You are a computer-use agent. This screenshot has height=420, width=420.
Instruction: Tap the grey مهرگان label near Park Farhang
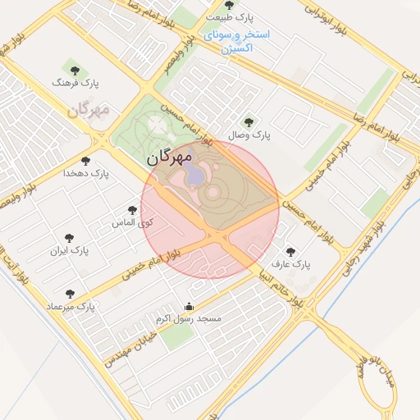point(89,109)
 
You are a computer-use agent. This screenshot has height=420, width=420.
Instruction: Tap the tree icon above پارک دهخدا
point(86,161)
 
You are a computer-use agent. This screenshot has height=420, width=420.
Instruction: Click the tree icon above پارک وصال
point(250,121)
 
